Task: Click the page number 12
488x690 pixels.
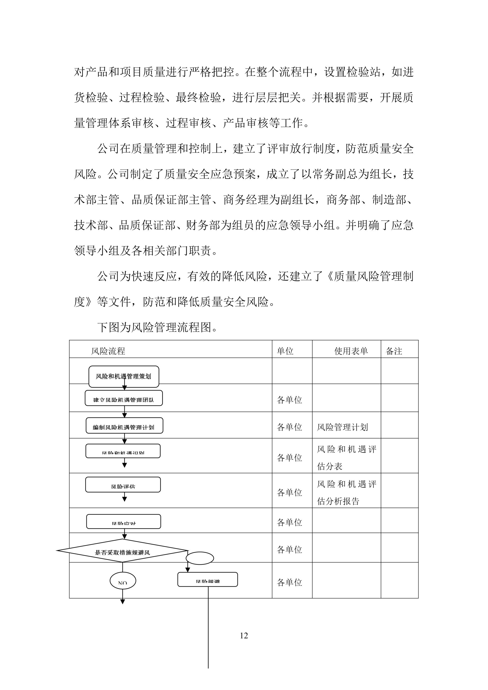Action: coord(244,635)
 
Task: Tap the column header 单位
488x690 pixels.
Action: coord(285,351)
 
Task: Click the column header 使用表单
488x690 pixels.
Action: coord(351,351)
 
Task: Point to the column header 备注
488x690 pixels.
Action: coord(394,351)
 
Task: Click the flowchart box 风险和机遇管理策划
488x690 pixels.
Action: coord(124,376)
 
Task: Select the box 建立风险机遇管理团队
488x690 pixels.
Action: coord(124,399)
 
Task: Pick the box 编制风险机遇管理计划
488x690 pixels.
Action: coord(124,426)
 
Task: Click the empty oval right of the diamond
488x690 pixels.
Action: coord(200,558)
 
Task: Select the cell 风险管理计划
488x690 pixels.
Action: coord(342,427)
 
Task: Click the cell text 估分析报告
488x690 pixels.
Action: coord(338,501)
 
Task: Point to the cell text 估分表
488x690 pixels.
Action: coord(330,466)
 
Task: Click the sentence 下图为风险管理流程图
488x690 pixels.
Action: coord(157,327)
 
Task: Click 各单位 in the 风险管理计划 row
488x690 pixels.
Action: coord(289,427)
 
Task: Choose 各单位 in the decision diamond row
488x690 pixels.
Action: coord(289,550)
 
